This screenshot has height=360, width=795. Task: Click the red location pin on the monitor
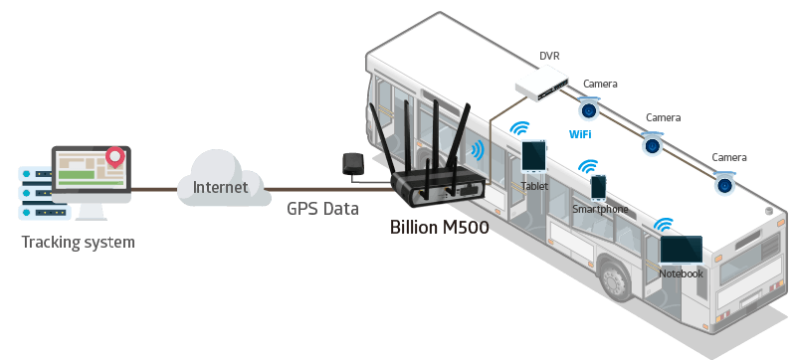click(117, 156)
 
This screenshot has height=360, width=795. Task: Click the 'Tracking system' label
click(77, 242)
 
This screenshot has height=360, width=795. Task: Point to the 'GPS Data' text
click(323, 208)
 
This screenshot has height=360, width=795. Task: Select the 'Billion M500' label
click(439, 226)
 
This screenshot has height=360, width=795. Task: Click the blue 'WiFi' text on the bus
click(582, 132)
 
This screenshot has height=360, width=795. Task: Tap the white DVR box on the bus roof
click(541, 82)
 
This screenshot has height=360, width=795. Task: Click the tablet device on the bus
click(534, 156)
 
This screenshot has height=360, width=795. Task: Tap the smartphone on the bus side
click(598, 187)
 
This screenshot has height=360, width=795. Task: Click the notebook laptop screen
click(681, 250)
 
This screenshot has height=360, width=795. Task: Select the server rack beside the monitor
click(34, 188)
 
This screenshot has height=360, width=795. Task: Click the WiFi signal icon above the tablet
click(518, 129)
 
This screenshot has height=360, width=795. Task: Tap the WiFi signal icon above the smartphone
click(589, 166)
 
